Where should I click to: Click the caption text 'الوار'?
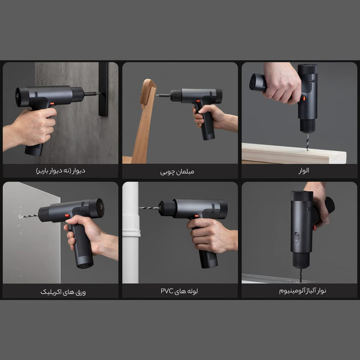click(303, 170)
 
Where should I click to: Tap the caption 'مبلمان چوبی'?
click(177, 172)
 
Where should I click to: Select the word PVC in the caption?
click(167, 291)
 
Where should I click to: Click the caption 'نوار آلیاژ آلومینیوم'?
click(302, 291)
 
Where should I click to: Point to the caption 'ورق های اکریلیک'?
click(63, 292)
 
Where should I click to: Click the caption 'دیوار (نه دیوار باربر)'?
click(60, 171)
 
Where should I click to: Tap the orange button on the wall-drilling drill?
click(52, 104)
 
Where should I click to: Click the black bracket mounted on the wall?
click(103, 89)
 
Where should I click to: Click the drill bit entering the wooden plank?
click(307, 142)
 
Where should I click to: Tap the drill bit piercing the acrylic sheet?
click(29, 216)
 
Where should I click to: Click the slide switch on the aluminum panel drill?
click(297, 237)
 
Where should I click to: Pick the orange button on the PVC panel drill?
click(197, 216)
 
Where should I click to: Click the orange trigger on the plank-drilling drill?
click(303, 99)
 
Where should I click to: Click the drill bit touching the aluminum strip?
click(300, 276)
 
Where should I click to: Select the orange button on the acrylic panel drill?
click(67, 216)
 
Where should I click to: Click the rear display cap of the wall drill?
click(22, 96)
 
